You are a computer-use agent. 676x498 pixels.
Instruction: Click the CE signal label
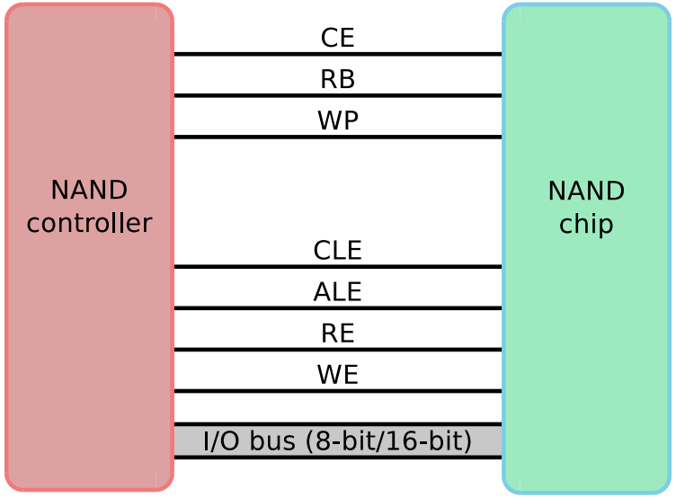point(337,38)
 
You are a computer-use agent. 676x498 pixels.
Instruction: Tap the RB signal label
point(337,80)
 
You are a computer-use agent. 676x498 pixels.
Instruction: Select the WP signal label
point(337,121)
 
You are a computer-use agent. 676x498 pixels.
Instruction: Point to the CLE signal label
point(337,251)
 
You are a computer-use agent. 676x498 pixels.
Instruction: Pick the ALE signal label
point(337,292)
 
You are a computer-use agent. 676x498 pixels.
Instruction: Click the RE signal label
point(337,333)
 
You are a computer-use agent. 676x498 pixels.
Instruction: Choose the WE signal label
point(337,375)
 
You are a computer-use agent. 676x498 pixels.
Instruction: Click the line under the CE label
point(337,54)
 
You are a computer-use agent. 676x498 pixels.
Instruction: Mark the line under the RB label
point(337,95)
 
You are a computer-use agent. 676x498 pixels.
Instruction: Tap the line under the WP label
point(337,137)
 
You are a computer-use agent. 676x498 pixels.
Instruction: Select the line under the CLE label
point(337,266)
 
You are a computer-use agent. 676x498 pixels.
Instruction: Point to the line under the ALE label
point(337,307)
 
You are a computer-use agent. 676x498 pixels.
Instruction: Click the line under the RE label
point(337,349)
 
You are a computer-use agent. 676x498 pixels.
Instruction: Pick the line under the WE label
point(337,391)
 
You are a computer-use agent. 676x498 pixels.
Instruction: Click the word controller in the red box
point(89,223)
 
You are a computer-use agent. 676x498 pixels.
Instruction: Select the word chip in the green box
point(586,224)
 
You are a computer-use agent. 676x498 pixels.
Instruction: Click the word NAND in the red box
point(89,191)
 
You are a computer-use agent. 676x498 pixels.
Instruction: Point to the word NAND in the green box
point(586,191)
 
